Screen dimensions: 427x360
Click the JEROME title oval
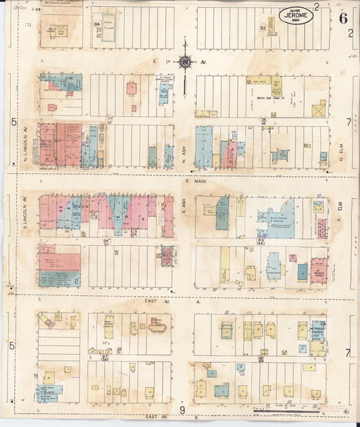296,16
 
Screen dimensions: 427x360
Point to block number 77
109,119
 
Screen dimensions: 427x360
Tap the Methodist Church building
317,333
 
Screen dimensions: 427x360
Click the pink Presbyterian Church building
319,270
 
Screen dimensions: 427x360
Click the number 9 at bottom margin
182,410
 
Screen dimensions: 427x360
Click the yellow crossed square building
318,109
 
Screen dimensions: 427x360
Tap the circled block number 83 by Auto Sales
261,240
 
